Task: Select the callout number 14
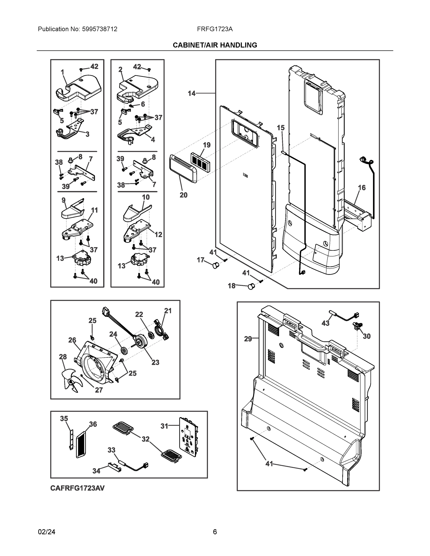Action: (x=191, y=93)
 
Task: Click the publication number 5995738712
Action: (x=99, y=29)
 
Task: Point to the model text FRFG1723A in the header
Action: (x=215, y=29)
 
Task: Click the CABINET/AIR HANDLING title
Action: (x=215, y=45)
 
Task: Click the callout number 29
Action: (x=248, y=339)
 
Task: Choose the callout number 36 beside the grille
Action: (x=93, y=424)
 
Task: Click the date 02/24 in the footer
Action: (x=46, y=532)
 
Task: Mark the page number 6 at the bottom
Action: (x=215, y=532)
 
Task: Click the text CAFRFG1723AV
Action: (x=77, y=488)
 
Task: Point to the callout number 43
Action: (x=325, y=323)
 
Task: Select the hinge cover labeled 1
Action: (x=79, y=88)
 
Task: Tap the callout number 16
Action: (x=362, y=188)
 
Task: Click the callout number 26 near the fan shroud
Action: (x=72, y=340)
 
